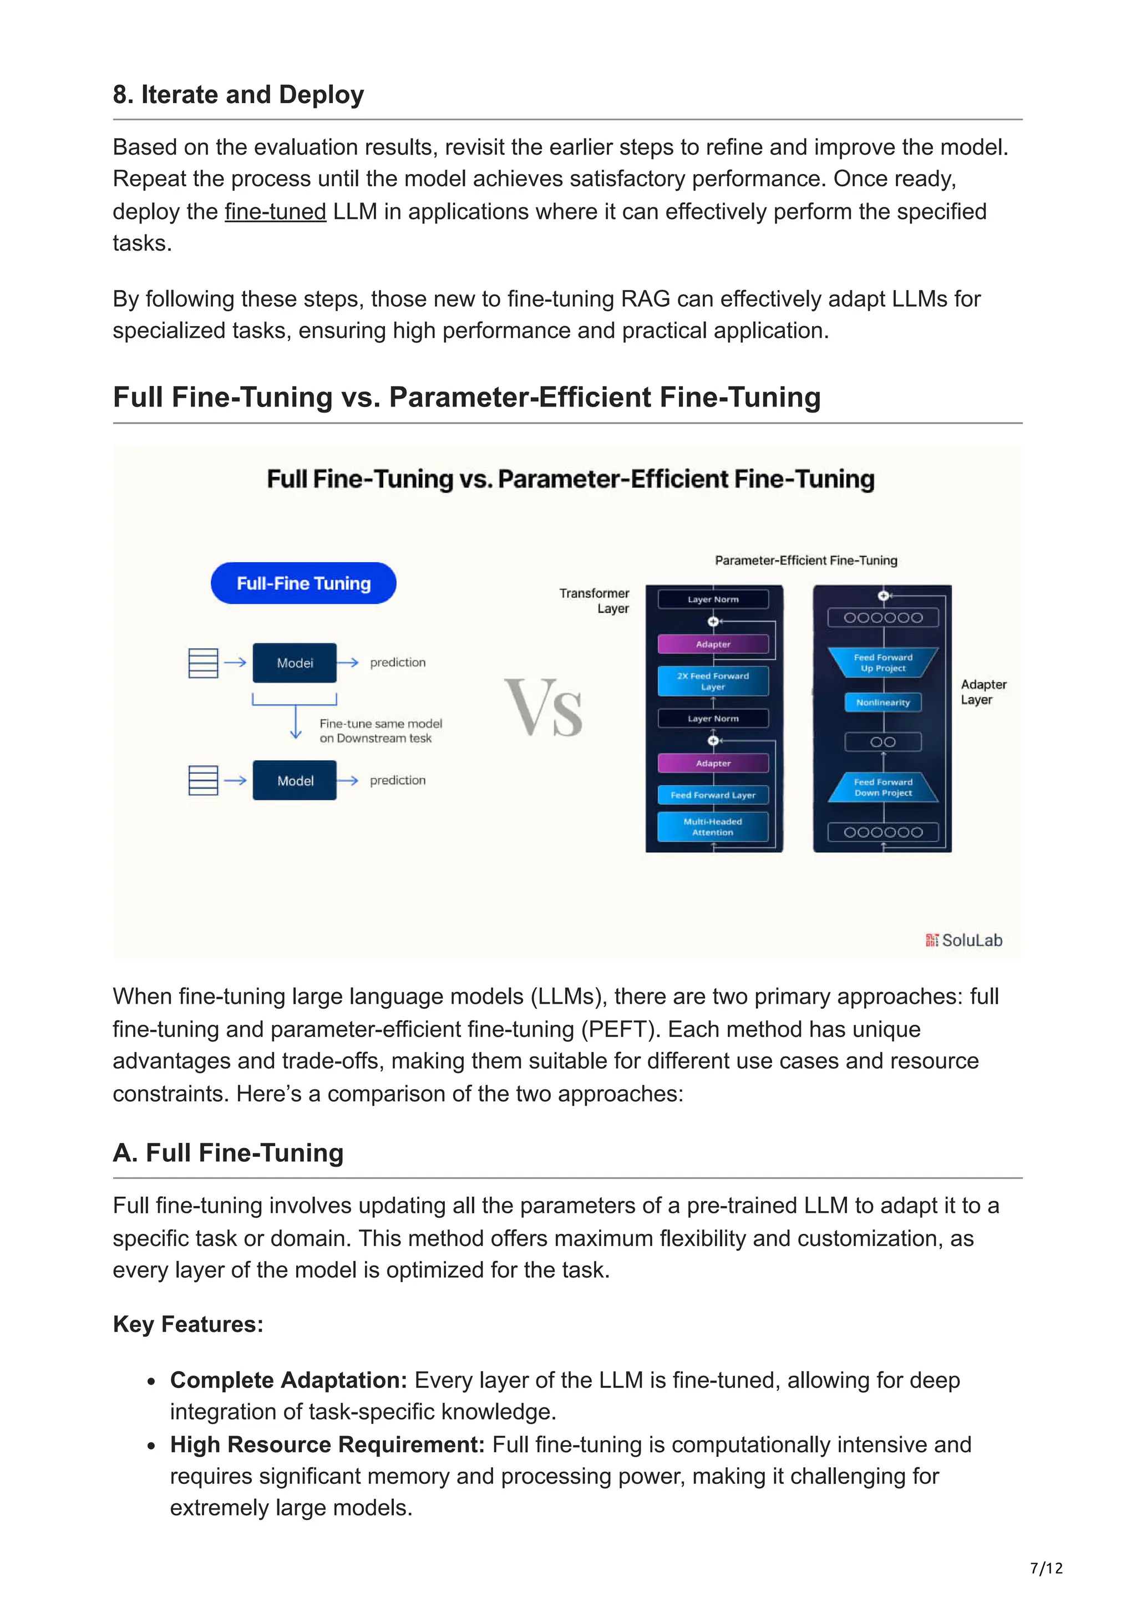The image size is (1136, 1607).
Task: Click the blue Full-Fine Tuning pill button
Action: pos(303,583)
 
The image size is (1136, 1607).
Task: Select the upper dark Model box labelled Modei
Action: pos(294,662)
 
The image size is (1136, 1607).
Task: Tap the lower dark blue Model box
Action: pos(294,780)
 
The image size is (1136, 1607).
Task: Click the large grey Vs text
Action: pos(543,708)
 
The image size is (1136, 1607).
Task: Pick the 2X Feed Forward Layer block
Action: pos(713,681)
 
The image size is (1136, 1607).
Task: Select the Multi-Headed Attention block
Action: pos(713,827)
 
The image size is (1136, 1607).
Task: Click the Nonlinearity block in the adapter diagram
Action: pos(883,702)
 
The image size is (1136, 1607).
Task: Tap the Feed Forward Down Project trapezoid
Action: pos(883,787)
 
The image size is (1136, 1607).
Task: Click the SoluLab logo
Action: pos(964,940)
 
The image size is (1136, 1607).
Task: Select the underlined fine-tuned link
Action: pos(275,211)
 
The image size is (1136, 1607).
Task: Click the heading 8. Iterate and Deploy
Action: pos(238,94)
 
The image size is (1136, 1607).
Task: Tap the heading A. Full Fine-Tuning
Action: pos(228,1153)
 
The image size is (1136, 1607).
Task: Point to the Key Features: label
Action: pos(187,1324)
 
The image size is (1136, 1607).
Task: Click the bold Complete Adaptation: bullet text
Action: pos(288,1380)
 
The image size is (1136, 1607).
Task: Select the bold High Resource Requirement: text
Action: pos(327,1445)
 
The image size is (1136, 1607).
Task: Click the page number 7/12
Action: pos(1046,1568)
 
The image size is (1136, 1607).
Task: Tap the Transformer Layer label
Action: pos(595,601)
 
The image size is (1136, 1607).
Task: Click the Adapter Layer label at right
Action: pos(983,691)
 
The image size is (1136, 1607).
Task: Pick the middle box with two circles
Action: pos(883,742)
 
